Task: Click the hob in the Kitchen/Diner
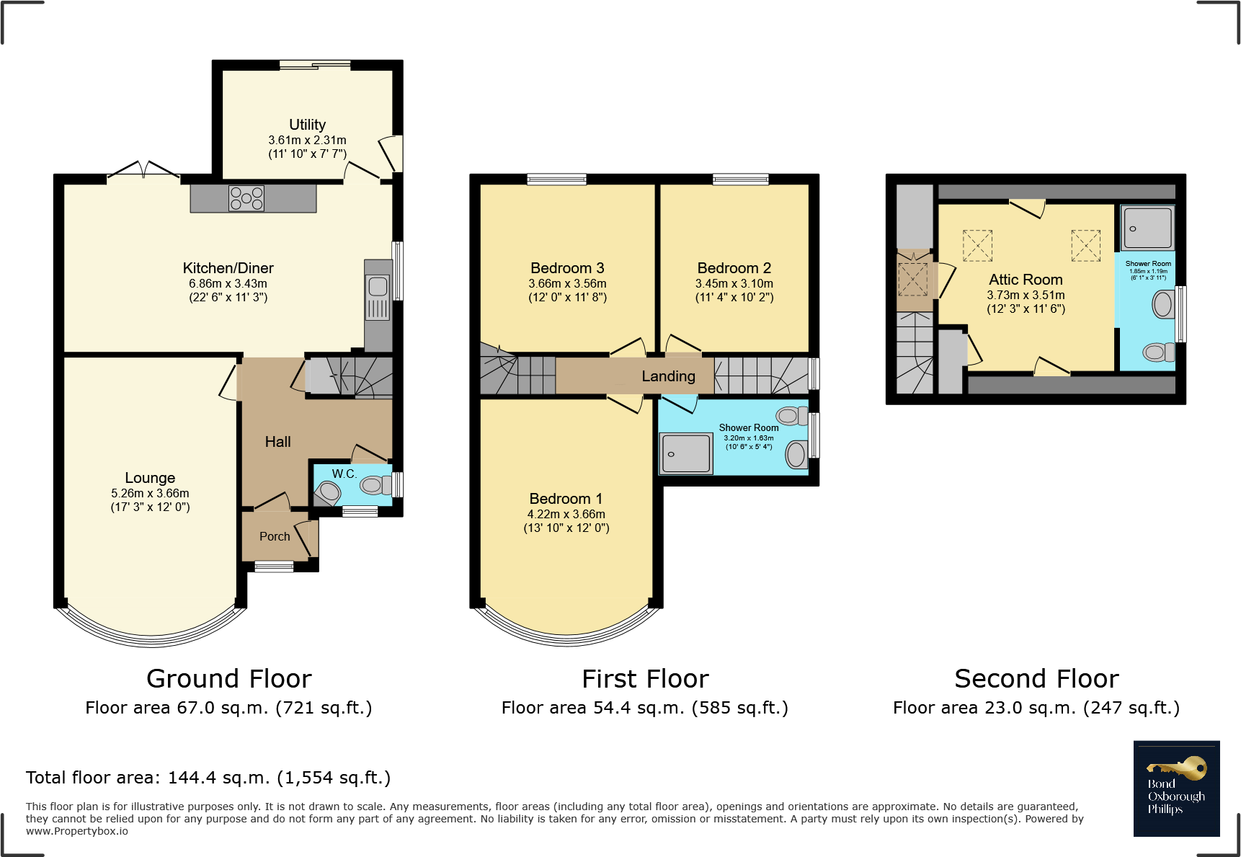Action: (246, 198)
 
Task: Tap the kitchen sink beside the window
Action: (378, 298)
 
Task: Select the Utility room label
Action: (308, 125)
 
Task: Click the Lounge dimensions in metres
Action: (150, 493)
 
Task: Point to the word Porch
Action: (275, 536)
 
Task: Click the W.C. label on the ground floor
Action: (344, 474)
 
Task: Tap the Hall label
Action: (278, 442)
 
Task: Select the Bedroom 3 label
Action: (568, 268)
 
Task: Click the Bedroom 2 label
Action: (734, 268)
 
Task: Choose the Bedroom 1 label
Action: (566, 499)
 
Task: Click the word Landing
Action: (669, 376)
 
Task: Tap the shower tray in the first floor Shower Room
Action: (686, 453)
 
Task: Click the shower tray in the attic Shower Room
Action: (1147, 228)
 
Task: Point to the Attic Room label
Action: (1026, 280)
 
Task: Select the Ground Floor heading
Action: (229, 679)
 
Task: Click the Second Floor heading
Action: (1036, 679)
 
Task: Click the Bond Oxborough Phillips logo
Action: (1176, 789)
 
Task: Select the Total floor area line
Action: (208, 778)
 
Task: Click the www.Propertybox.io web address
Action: (77, 831)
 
